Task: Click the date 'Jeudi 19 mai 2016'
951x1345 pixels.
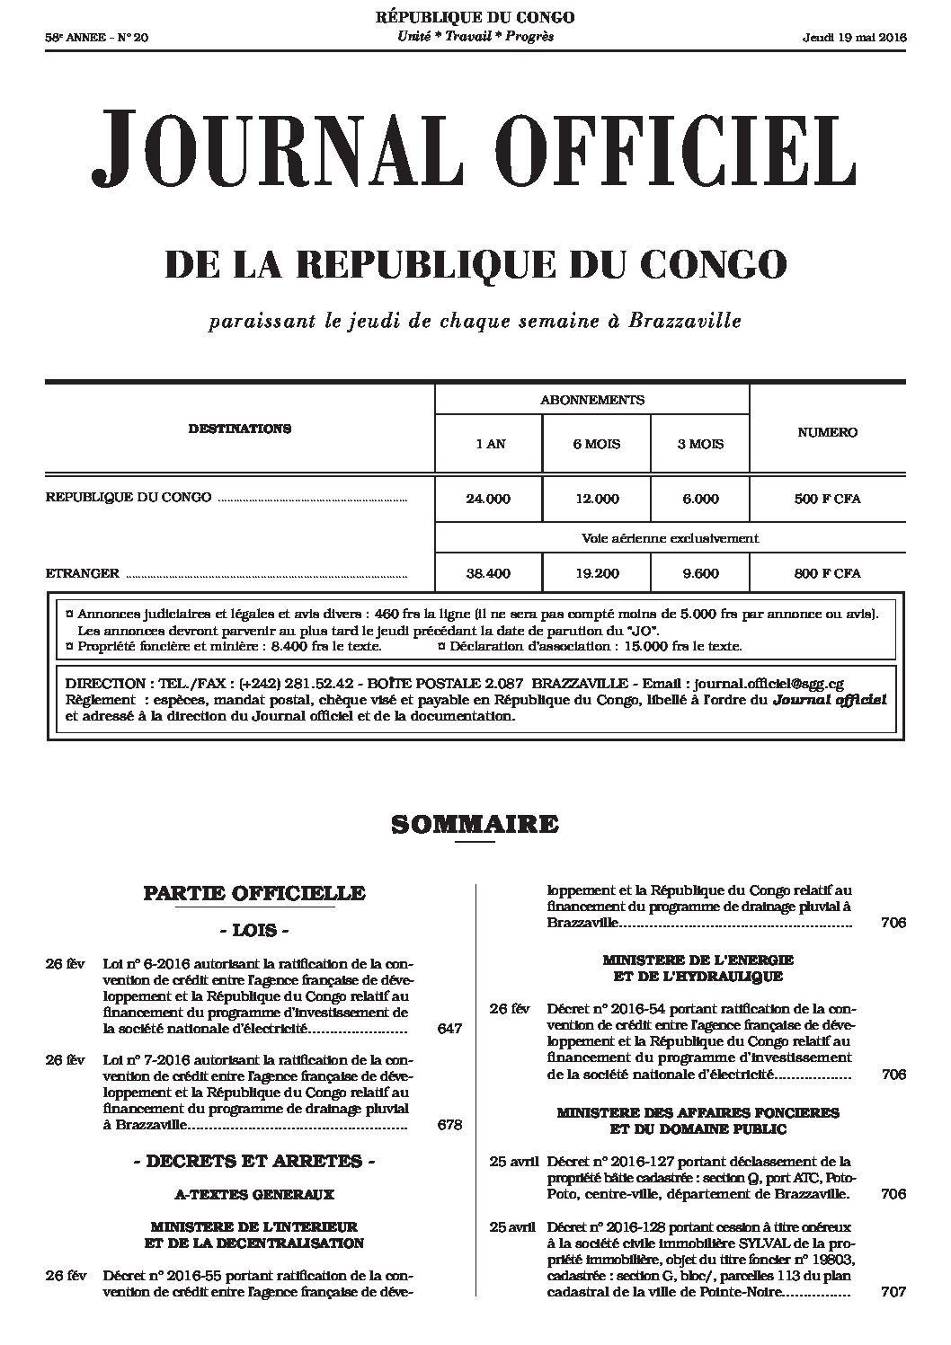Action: (x=854, y=37)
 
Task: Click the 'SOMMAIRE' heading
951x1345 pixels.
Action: (x=475, y=824)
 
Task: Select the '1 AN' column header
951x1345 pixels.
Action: (x=488, y=444)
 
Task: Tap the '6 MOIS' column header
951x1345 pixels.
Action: (x=596, y=444)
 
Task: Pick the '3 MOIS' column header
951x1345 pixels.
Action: (x=700, y=444)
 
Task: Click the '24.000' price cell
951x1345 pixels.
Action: (x=488, y=499)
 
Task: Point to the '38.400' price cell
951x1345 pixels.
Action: (x=488, y=572)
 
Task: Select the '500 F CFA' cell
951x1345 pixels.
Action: (x=827, y=499)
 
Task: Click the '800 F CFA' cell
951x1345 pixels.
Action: (x=827, y=572)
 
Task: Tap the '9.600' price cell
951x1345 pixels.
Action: (x=700, y=572)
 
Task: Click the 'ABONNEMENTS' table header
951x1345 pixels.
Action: (x=591, y=400)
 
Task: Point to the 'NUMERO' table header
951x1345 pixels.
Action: (x=827, y=432)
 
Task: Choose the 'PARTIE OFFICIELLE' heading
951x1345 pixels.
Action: (x=254, y=893)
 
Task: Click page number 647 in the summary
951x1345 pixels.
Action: (x=449, y=1029)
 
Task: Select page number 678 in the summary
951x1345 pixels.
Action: (x=449, y=1125)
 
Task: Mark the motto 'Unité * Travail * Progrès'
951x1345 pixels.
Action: (x=475, y=36)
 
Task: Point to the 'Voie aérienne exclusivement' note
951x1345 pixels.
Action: (x=670, y=539)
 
